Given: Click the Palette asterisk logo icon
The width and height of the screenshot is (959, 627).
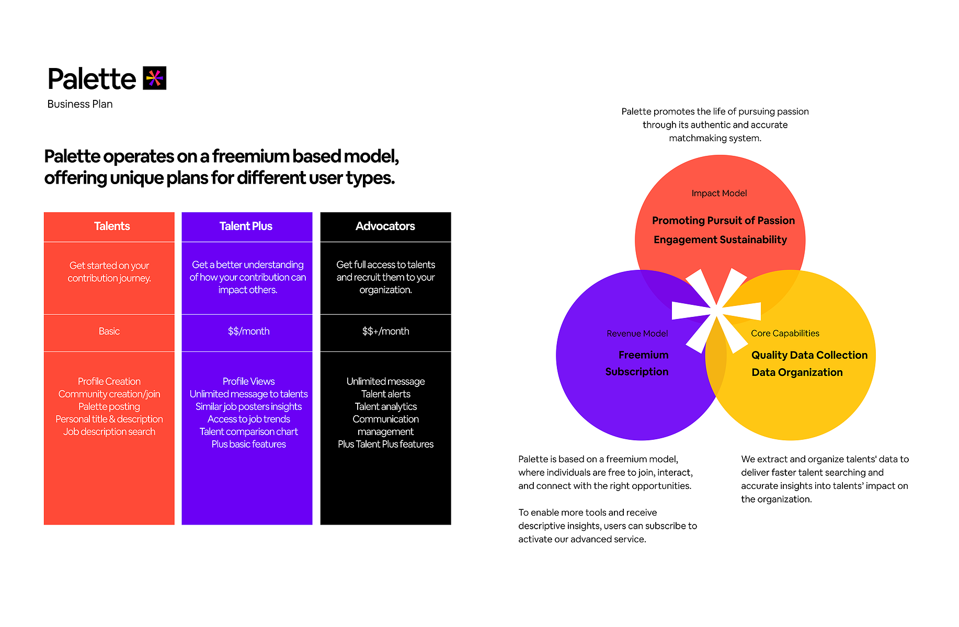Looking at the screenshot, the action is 155,78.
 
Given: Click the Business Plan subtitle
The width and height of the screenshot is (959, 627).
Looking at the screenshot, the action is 80,104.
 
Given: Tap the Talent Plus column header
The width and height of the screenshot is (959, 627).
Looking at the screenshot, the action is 247,226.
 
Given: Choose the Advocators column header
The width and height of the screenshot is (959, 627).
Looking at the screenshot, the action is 385,226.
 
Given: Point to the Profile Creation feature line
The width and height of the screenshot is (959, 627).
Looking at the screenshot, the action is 109,381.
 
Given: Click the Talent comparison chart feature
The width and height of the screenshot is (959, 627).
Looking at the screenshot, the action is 249,431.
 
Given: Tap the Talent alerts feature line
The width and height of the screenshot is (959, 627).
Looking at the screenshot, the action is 386,394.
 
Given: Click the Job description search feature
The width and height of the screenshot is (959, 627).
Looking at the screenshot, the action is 109,431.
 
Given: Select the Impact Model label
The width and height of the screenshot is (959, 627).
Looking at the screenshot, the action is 719,193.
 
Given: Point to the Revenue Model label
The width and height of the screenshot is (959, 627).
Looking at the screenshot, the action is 637,333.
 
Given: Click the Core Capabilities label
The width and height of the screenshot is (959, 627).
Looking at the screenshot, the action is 785,333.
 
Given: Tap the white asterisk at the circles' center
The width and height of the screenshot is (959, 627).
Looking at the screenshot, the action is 716,311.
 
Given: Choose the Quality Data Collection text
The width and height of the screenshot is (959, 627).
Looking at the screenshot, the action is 809,355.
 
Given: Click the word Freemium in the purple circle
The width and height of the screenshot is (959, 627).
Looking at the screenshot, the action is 643,355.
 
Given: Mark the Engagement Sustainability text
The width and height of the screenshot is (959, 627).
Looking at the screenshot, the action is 720,240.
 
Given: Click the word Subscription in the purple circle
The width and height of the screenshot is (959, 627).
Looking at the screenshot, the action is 637,372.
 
